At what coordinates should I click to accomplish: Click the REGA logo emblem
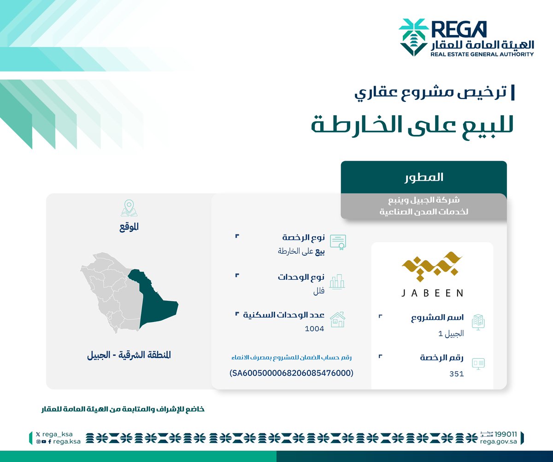coord(413,37)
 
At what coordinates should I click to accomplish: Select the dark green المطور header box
coord(424,177)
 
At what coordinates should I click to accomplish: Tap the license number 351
coord(456,374)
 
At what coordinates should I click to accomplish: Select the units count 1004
coord(314,328)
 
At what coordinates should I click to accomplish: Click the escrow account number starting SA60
coord(291,373)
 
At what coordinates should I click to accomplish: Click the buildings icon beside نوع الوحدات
coord(337,281)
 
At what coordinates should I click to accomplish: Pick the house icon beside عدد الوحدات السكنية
coord(337,319)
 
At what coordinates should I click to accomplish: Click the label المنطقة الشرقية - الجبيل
coord(129,356)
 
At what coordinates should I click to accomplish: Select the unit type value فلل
coord(318,291)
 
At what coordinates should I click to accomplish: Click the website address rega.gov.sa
coord(500,441)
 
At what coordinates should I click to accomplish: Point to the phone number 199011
coord(505,434)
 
